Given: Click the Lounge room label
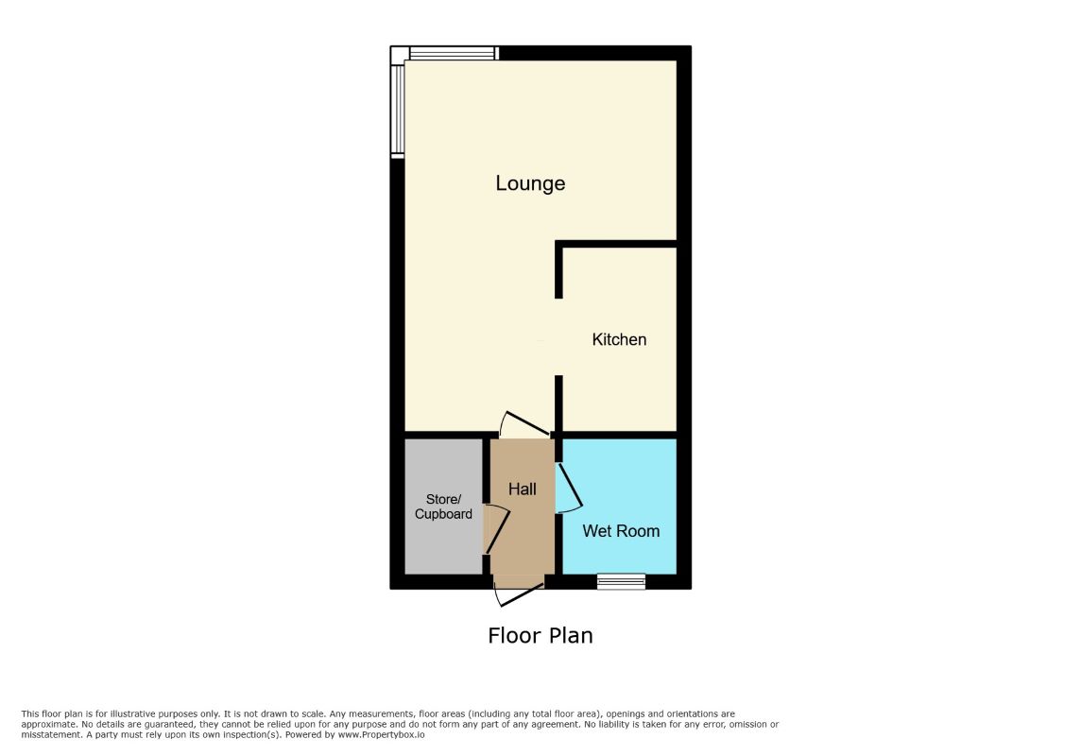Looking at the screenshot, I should point(530,183).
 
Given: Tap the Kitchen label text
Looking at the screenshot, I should point(619,339).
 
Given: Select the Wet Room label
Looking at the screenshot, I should point(621,531).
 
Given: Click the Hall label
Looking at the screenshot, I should point(523,489).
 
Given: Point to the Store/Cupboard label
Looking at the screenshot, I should point(443,507).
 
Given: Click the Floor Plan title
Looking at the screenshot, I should point(540,635).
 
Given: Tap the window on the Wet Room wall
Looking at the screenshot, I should point(621,581).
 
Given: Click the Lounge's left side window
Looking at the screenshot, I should point(399,109).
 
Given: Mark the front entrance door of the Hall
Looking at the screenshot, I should point(519,592).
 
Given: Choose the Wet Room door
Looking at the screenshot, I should point(570,486).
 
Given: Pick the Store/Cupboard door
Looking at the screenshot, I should point(497,529).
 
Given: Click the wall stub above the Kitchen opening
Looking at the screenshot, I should point(559,272).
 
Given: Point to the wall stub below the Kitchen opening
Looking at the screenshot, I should point(559,404).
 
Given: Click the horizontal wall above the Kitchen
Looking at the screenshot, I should point(619,245).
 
